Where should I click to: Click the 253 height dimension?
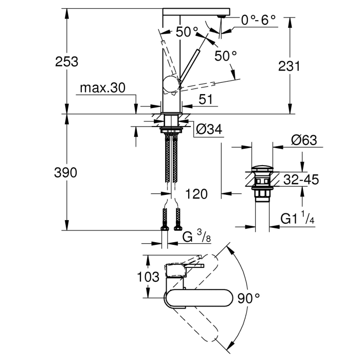67,62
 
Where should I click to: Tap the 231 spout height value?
289,66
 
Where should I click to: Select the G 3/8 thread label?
196,237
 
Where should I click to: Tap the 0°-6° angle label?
259,20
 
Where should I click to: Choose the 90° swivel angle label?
249,298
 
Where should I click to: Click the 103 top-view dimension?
149,277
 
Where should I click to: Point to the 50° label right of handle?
226,56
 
